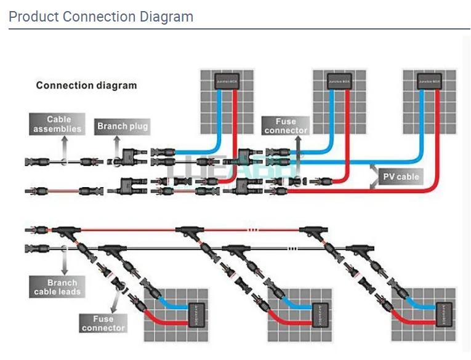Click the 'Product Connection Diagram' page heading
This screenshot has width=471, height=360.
coord(100,17)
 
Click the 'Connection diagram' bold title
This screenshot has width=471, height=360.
coord(86,85)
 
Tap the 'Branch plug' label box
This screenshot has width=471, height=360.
coord(123,126)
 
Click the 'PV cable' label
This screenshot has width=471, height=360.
coord(401,177)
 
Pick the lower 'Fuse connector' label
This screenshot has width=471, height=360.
coord(103,323)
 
